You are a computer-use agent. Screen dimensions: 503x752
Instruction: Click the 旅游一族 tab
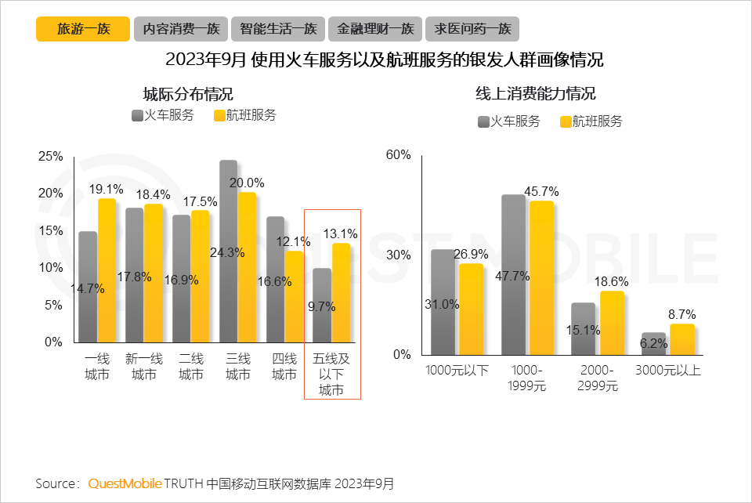[82, 29]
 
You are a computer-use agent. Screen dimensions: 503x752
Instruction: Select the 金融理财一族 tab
[375, 29]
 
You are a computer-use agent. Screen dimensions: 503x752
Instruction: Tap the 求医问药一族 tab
[472, 29]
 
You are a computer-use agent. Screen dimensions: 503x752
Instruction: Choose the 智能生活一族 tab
[278, 29]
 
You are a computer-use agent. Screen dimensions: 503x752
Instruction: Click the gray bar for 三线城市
[228, 251]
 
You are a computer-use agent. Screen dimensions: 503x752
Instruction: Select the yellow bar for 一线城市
[107, 270]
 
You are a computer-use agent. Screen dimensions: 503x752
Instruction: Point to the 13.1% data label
[340, 233]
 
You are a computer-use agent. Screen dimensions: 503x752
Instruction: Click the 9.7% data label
[322, 306]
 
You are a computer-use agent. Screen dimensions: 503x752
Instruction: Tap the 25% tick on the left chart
[50, 157]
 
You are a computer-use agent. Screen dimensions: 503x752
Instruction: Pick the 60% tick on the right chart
[398, 155]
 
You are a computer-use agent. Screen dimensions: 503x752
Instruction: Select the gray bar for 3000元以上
[653, 343]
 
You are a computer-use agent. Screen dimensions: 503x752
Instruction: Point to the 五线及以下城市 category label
[331, 375]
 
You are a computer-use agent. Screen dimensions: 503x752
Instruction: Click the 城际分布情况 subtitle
[188, 94]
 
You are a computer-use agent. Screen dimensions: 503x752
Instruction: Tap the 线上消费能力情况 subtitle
[536, 94]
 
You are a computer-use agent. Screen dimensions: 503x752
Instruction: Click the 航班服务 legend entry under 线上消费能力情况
[591, 121]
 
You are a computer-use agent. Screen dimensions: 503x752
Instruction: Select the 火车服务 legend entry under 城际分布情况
[162, 115]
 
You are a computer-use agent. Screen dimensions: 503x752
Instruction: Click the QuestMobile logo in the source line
[125, 483]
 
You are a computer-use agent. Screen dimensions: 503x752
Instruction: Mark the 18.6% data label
[613, 281]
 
